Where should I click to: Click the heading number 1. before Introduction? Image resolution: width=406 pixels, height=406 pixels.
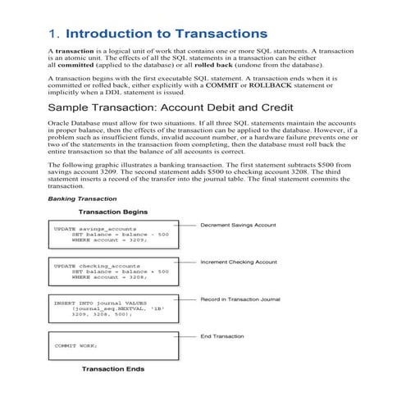(x=55, y=34)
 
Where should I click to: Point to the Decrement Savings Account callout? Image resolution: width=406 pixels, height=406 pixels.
(x=239, y=224)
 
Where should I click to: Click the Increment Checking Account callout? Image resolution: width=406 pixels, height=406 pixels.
(x=239, y=262)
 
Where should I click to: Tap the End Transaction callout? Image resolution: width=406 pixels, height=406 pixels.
(x=222, y=335)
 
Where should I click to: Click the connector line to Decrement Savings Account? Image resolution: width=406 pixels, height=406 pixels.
(x=188, y=224)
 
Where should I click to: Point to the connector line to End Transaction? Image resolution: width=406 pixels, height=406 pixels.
(x=188, y=335)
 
